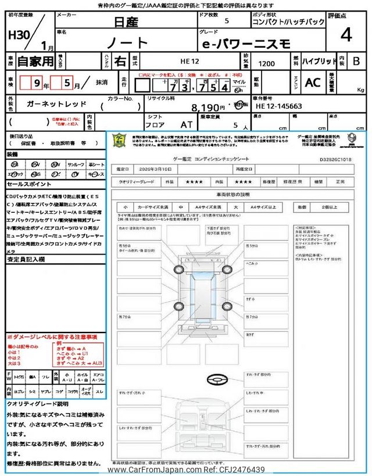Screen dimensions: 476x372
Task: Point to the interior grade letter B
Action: coord(356,61)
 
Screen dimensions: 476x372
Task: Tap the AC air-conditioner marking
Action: coord(313,83)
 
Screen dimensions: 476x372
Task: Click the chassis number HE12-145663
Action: coord(278,106)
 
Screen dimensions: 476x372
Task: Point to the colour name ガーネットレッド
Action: coord(57,103)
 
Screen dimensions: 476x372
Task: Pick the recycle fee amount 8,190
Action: coord(208,108)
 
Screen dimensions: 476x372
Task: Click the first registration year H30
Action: coord(19,35)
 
